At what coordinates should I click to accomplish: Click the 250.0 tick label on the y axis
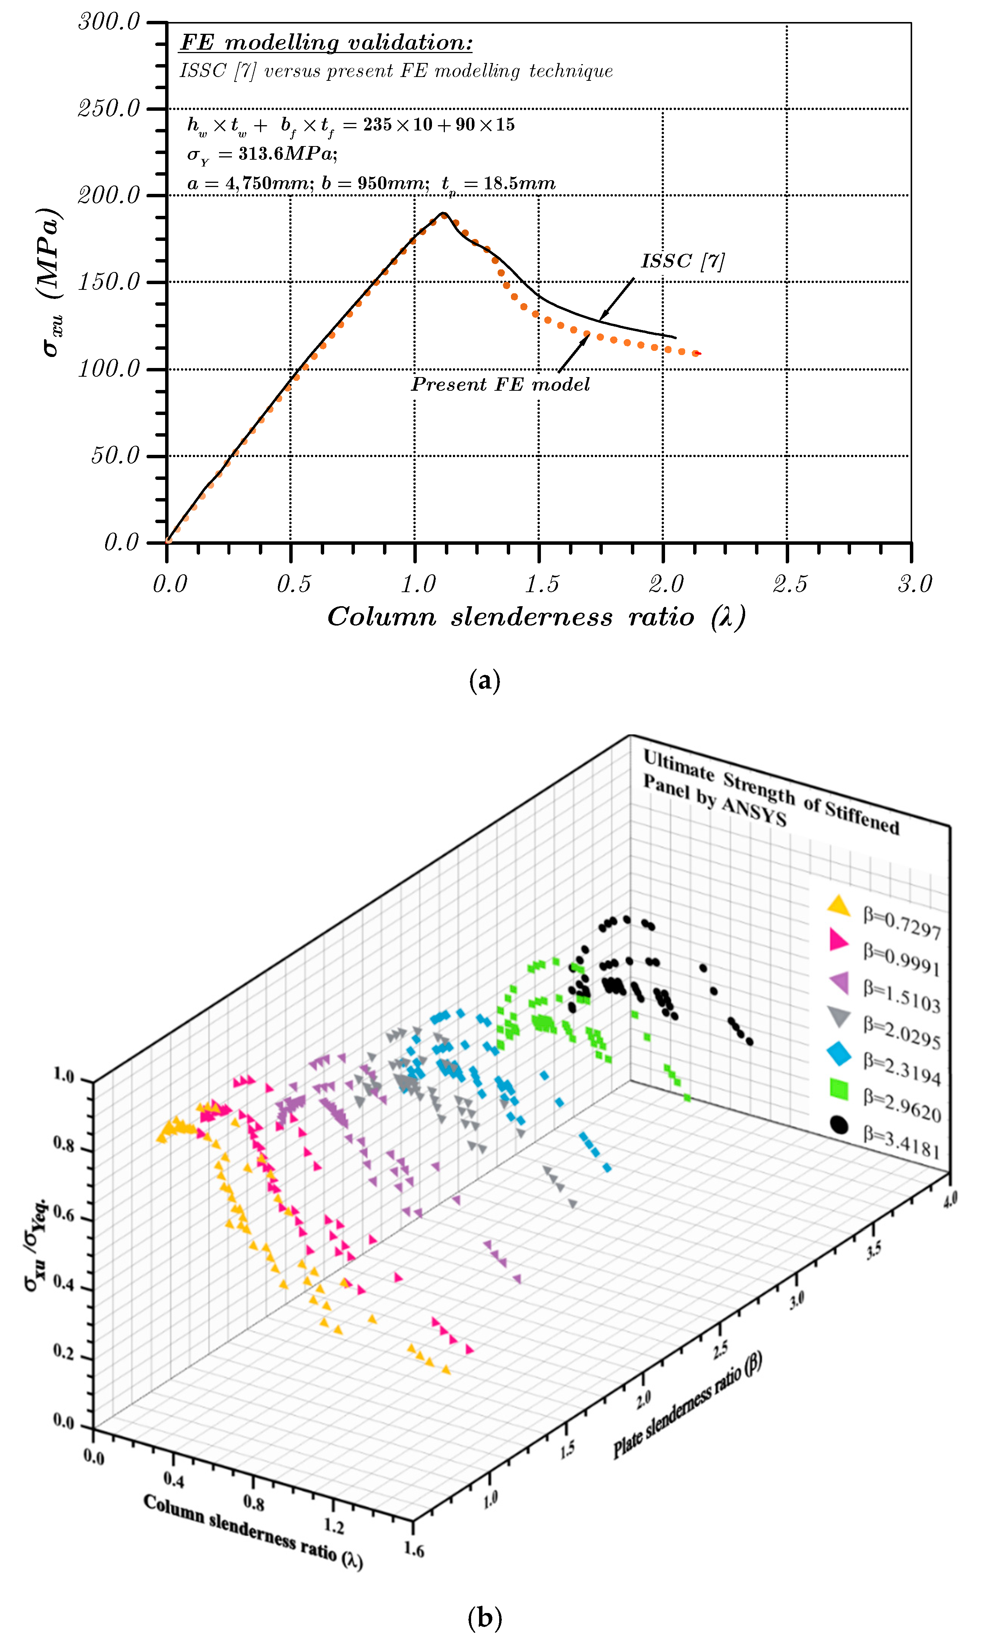point(109,108)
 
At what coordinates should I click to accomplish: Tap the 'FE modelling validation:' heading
point(326,43)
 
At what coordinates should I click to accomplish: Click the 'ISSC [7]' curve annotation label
point(682,261)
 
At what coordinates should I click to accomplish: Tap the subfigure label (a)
point(484,680)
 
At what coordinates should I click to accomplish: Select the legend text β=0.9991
point(901,960)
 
